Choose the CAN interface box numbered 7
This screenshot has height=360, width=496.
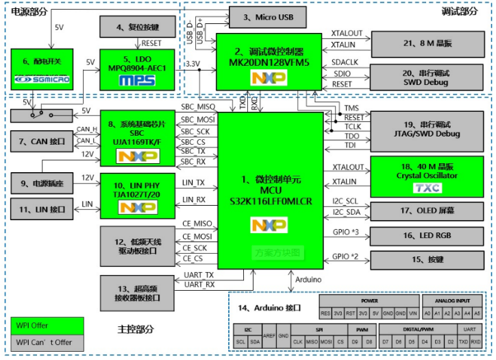pyautogui.click(x=42, y=141)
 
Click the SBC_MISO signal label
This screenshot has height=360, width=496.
pyautogui.click(x=197, y=108)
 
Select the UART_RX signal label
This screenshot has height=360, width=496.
pyautogui.click(x=199, y=284)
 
